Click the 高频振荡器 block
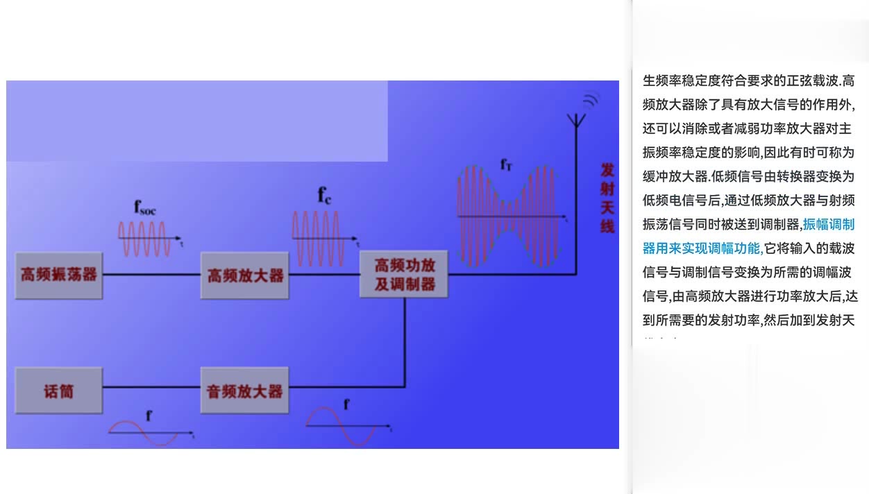(x=59, y=275)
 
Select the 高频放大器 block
(x=245, y=275)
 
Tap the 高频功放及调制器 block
(x=404, y=275)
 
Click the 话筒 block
(x=58, y=391)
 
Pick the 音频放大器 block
(x=244, y=391)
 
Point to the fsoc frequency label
(x=144, y=207)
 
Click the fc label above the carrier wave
(x=324, y=196)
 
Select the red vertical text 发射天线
(x=607, y=198)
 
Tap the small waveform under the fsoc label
(x=144, y=239)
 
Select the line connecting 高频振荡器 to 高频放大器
(x=151, y=275)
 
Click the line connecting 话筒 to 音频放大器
(x=151, y=387)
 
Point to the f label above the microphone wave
(x=149, y=416)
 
